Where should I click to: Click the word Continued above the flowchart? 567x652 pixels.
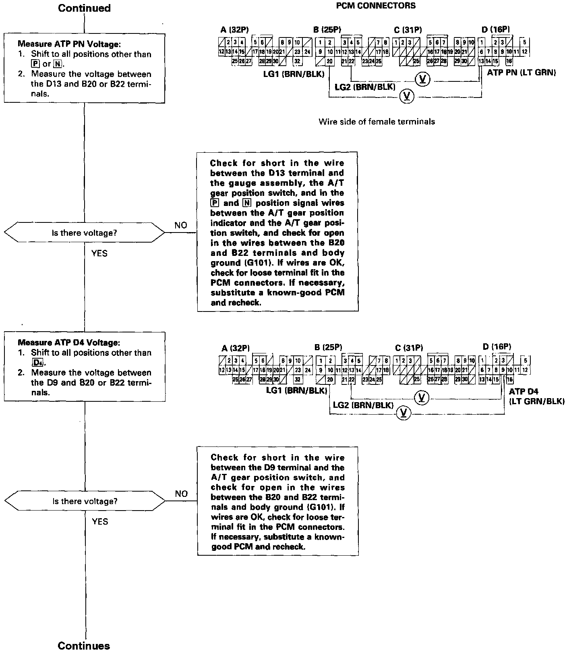click(x=84, y=8)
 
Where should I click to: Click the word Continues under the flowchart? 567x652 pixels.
click(x=84, y=646)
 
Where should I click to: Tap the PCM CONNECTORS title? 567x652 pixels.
click(x=375, y=6)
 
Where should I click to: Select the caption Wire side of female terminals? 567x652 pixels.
click(x=377, y=121)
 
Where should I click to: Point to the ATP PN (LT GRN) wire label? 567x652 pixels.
click(x=521, y=73)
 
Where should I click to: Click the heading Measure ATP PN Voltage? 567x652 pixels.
click(x=69, y=44)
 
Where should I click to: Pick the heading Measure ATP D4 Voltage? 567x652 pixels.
click(x=69, y=343)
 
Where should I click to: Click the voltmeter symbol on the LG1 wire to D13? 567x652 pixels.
click(x=407, y=96)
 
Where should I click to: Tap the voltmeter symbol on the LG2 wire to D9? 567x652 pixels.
click(x=421, y=398)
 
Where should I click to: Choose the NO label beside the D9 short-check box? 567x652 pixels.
click(x=181, y=493)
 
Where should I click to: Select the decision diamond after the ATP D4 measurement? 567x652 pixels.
click(x=85, y=501)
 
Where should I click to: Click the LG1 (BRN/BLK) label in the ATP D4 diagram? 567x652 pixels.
click(x=296, y=390)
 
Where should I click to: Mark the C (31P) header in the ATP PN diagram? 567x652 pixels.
click(x=408, y=29)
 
